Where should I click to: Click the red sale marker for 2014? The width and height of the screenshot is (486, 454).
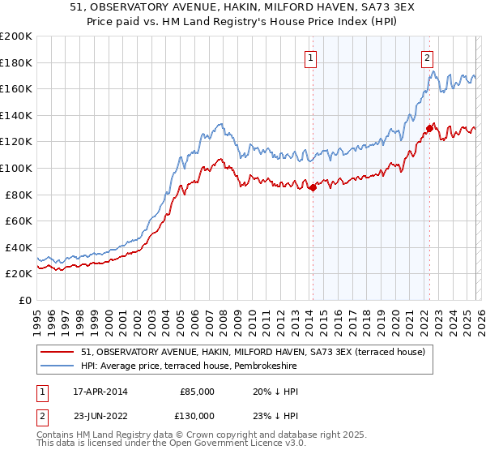313,188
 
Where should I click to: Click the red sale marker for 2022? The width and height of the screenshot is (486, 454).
429,128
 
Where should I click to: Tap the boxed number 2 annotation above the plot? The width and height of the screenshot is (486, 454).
427,58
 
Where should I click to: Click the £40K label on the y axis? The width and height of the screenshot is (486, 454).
18,247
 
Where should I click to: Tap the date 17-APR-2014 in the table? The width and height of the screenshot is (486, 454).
98,392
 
